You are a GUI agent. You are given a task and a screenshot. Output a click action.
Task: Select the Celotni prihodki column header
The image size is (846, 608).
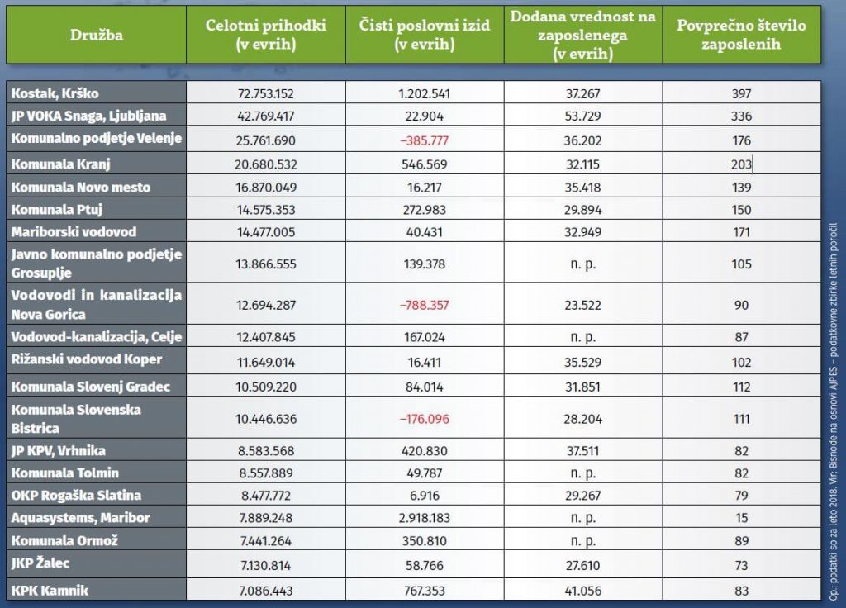(x=266, y=35)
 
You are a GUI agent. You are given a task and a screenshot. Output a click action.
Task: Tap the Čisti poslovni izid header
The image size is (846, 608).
(x=425, y=35)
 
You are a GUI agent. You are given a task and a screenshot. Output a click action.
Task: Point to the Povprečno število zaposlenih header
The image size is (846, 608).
(x=741, y=35)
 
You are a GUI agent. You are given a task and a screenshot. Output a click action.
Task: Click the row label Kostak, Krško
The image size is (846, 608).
(x=55, y=93)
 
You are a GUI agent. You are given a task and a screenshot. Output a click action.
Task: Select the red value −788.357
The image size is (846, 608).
(x=425, y=305)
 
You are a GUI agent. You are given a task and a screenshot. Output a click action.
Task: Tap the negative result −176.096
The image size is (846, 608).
(x=425, y=419)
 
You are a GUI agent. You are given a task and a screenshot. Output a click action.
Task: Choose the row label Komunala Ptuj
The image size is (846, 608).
(x=58, y=210)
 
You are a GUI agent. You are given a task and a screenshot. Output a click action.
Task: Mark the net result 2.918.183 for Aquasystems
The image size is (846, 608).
(x=425, y=518)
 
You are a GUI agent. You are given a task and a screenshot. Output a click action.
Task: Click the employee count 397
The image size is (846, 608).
(x=741, y=93)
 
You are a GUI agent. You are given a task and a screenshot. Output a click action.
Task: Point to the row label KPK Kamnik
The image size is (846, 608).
(x=50, y=591)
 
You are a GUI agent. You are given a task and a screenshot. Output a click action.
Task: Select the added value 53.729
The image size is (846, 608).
(x=582, y=115)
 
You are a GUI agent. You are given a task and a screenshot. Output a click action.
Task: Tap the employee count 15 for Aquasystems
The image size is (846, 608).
(x=741, y=518)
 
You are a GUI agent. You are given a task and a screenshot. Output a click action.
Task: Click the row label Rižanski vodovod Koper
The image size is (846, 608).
(x=87, y=359)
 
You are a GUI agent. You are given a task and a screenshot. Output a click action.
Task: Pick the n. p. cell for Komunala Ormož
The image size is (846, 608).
(x=582, y=541)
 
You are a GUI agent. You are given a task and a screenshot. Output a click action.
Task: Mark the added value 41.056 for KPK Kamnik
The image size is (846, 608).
(x=582, y=591)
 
